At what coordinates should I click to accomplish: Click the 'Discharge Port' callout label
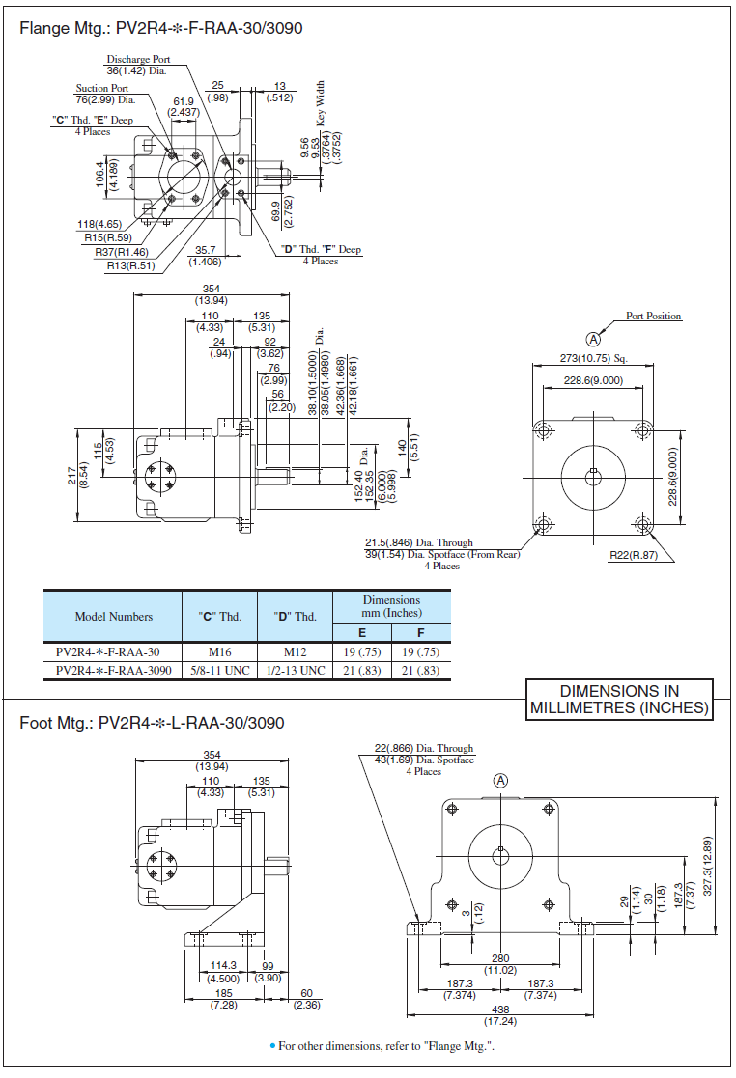(138, 59)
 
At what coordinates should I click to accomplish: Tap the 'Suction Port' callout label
(102, 88)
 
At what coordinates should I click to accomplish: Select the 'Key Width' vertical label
(321, 103)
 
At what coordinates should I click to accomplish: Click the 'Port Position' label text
(653, 316)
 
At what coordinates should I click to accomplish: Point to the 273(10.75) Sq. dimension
(594, 358)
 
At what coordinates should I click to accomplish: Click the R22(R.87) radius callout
(633, 555)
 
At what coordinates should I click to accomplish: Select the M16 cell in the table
(219, 651)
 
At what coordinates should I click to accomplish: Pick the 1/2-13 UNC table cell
(296, 670)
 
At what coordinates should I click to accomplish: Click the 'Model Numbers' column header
(114, 617)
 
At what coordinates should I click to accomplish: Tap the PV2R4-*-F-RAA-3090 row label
(114, 670)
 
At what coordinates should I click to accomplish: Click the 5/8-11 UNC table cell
(219, 670)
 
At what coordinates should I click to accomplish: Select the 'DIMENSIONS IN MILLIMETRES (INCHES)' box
(619, 700)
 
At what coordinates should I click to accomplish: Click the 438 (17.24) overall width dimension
(500, 1016)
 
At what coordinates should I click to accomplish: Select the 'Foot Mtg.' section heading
(152, 723)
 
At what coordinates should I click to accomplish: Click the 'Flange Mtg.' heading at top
(161, 29)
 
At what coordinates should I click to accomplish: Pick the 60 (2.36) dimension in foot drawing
(306, 999)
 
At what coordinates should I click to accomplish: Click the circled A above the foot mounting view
(500, 781)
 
